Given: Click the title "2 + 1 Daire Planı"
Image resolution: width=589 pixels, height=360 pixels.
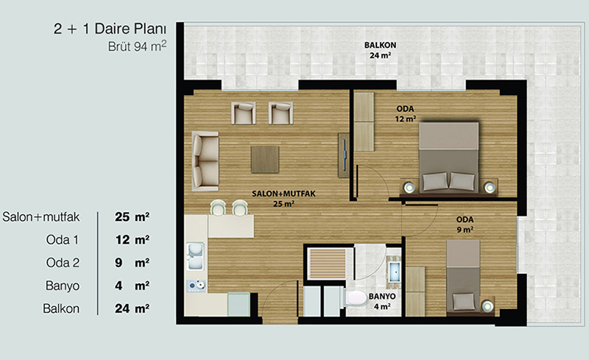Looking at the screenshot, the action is point(110,29).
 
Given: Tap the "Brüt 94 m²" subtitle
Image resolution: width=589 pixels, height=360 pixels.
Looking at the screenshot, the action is point(137,46).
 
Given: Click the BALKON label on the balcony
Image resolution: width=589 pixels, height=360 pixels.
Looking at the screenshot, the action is point(380,45).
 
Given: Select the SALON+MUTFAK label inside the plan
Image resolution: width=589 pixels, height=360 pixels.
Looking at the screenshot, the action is point(283,194).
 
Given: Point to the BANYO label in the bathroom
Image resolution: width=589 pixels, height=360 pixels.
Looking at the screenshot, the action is point(382,297).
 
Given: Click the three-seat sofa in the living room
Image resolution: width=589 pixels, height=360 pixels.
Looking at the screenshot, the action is point(205,161).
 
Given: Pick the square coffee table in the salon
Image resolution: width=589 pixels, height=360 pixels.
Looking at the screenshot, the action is point(265,159).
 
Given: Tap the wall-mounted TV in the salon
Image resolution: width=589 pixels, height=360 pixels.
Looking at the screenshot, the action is point(344,155).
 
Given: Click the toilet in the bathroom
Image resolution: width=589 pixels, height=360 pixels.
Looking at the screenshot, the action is point(355,298).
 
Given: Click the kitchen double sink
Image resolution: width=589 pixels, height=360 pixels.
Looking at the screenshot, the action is point(195,256).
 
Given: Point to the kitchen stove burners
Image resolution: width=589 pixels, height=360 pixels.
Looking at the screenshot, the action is point(196,286).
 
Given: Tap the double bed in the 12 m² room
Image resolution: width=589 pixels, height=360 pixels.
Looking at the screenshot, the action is point(449,158).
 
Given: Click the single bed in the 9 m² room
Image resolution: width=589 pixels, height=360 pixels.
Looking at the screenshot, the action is point(463,276).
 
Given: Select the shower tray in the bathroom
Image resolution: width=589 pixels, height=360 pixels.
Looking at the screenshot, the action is point(327,264).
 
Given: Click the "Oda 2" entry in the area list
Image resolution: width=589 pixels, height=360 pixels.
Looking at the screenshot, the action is point(63,263).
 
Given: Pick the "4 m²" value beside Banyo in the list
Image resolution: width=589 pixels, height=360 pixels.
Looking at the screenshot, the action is point(133,286).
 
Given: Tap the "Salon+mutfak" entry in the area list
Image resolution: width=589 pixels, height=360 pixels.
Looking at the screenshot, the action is point(41,217).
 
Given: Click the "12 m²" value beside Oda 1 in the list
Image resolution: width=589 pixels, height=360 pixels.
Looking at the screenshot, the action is point(133,240).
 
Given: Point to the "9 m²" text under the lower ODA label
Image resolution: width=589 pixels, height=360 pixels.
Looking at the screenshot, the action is point(465,229).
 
